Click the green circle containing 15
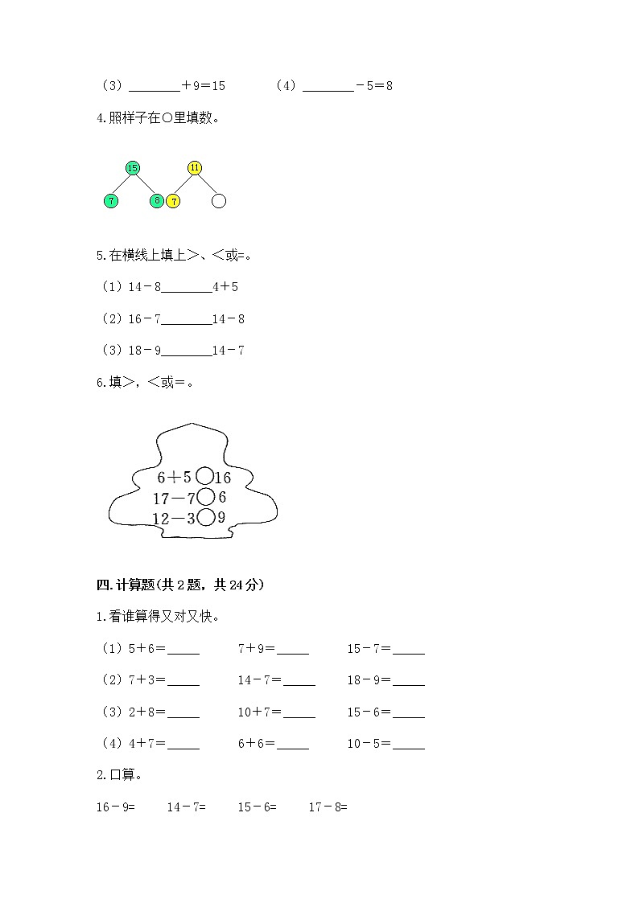point(133,168)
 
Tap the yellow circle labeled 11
point(195,168)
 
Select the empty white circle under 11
point(219,201)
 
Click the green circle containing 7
point(111,201)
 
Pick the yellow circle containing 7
point(173,201)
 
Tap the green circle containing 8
point(157,201)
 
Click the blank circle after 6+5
point(205,477)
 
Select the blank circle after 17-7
point(205,497)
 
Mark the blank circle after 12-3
point(206,518)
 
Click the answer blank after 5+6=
point(183,650)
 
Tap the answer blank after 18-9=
point(409,682)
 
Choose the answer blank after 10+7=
point(299,713)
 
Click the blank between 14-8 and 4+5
point(187,288)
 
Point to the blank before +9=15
point(155,87)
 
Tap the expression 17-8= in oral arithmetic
point(328,807)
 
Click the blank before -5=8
point(328,87)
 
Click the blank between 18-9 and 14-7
point(187,351)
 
